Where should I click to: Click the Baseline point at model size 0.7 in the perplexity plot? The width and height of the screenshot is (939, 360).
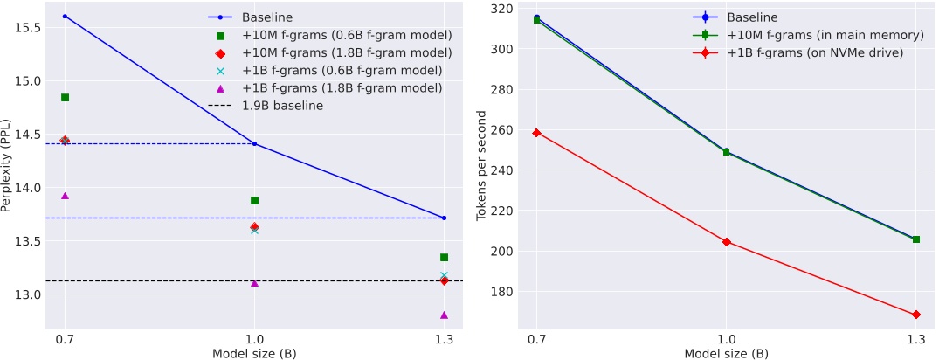point(65,17)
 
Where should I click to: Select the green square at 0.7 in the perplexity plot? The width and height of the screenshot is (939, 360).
point(65,97)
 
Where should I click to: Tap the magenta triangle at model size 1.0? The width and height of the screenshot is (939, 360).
point(254,283)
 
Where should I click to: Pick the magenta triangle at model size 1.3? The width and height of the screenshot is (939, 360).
point(444,315)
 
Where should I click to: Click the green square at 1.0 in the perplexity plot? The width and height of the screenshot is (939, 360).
point(254,200)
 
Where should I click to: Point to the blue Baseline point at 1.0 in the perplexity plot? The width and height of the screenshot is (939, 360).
point(254,143)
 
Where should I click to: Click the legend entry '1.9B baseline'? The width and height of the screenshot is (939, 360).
point(282,106)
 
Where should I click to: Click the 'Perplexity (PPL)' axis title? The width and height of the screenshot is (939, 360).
point(8,166)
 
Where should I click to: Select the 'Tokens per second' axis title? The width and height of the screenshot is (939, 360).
point(481,166)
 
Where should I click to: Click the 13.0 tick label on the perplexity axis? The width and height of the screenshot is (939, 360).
point(25,294)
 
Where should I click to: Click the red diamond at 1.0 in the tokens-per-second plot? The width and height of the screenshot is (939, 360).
point(726,242)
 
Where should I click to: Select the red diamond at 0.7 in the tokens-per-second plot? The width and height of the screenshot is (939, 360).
point(536,133)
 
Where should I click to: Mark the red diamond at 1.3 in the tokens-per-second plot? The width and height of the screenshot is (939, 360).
point(915,315)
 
